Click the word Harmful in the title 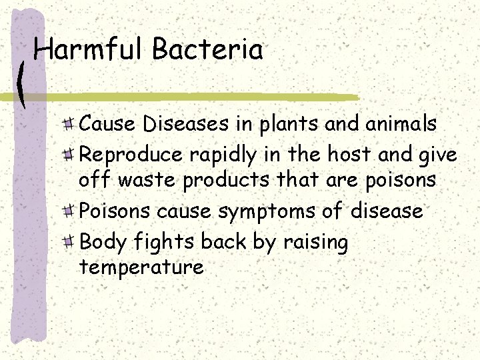(89, 50)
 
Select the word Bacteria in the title (207, 50)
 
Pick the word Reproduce (131, 155)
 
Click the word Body (100, 243)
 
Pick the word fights (158, 243)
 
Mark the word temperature (141, 268)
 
